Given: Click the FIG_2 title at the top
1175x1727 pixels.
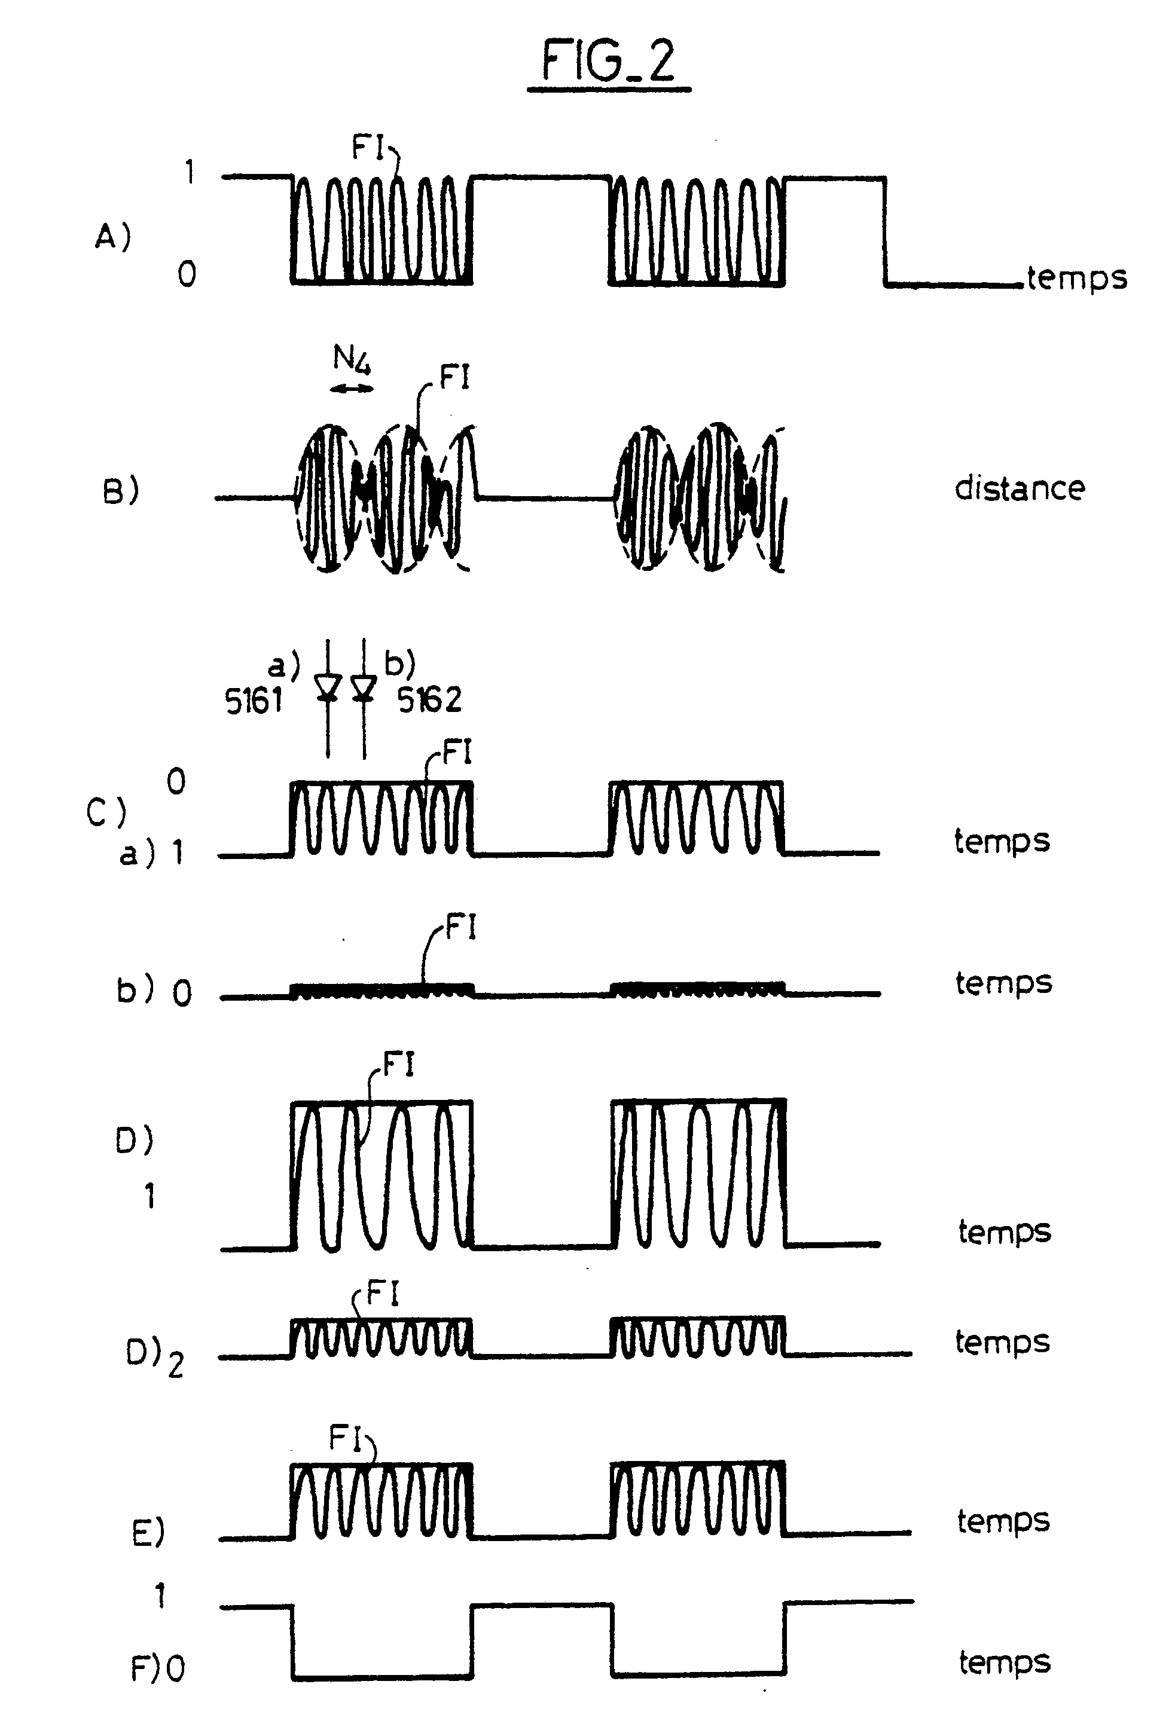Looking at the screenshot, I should [609, 61].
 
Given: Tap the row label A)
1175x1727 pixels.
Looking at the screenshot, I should [113, 237].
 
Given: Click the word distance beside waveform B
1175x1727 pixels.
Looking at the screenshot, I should [1019, 489].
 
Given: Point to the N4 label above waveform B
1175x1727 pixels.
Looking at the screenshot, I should [352, 360].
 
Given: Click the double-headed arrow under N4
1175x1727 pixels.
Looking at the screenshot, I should [352, 388].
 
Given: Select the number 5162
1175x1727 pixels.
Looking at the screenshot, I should [429, 700].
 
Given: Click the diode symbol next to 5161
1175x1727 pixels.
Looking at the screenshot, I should [328, 687].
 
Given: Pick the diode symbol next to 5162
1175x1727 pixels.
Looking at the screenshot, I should [364, 687].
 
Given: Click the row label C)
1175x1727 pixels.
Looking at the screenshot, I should [105, 812].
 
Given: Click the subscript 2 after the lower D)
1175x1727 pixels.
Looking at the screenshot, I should [175, 1366].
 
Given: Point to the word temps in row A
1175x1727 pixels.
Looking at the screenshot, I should [1077, 279].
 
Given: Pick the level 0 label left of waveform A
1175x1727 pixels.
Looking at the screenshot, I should [187, 275].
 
